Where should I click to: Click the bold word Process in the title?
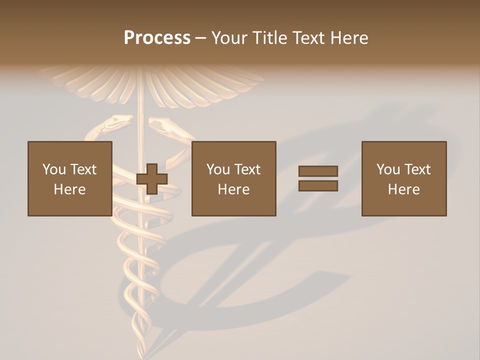pos(157,38)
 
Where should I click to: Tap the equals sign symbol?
pos(318,178)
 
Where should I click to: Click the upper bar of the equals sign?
pos(318,171)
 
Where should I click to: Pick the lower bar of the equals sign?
pos(318,186)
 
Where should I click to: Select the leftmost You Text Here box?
pos(69,178)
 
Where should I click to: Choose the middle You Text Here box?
pos(233,178)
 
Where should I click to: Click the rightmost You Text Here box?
pos(403,178)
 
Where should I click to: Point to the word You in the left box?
pos(53,169)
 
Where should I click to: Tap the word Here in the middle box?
pos(233,189)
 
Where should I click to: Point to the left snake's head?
pos(120,120)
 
